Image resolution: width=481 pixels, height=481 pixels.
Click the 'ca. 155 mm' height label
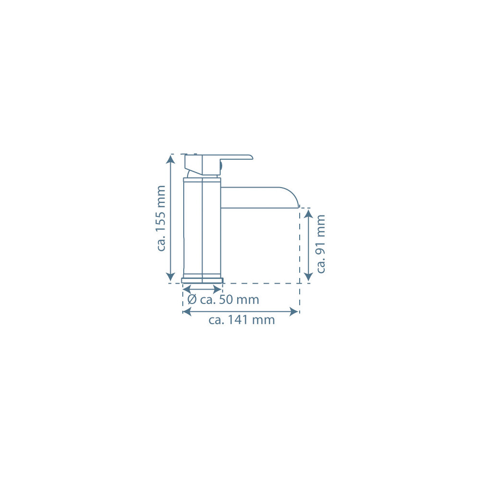point(161,218)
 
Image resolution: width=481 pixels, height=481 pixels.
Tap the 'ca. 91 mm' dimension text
point(320,244)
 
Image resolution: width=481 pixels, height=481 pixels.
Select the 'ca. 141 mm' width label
point(241,320)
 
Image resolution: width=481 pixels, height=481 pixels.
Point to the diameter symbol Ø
point(192,299)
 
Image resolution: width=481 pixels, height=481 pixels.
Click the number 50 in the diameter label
point(226,300)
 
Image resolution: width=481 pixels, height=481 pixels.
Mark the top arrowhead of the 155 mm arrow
point(171,159)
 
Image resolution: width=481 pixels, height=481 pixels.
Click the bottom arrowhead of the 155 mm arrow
point(171,277)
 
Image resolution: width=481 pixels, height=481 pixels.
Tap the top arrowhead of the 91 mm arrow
point(308,214)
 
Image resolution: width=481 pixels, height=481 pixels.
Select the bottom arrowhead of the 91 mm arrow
point(308,277)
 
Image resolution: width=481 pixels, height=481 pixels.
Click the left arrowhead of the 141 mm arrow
point(187,312)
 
